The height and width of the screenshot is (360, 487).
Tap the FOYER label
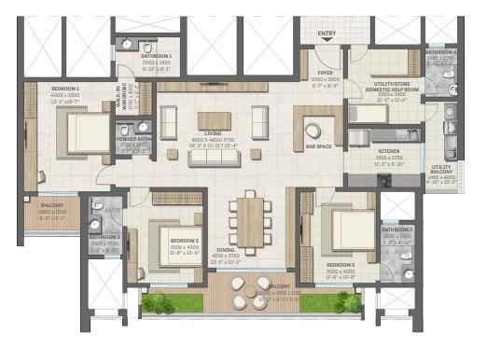tap(325, 71)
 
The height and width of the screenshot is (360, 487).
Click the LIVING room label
tap(214, 107)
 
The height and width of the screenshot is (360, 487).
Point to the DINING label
tap(225, 249)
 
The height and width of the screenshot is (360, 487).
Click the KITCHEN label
tap(389, 149)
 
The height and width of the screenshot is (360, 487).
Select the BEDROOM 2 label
tap(183, 240)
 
